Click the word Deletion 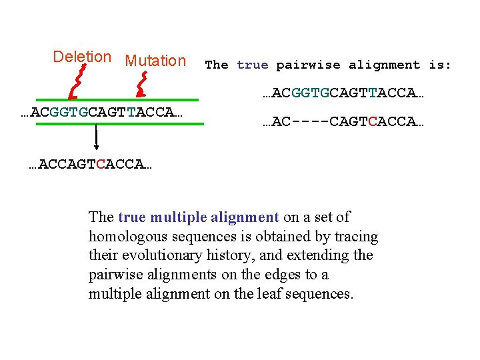(x=81, y=57)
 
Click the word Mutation (x=155, y=61)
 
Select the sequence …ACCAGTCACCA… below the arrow (x=91, y=164)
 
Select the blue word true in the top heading (x=252, y=65)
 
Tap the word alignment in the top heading (x=385, y=65)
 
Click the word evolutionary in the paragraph (x=154, y=255)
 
